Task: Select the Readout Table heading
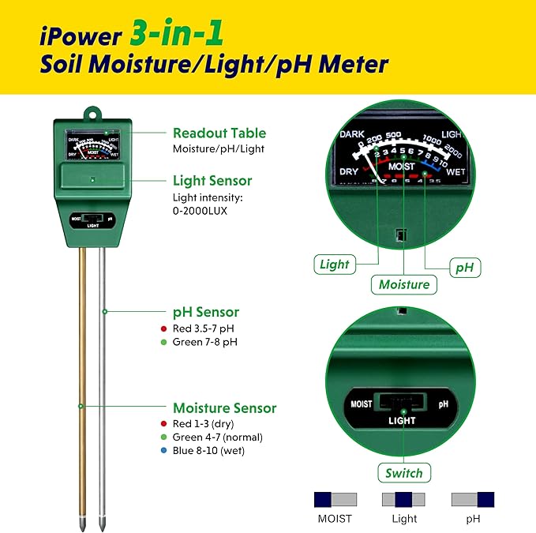(219, 133)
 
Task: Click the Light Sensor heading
(212, 181)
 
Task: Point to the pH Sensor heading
(206, 312)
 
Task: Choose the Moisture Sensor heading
(224, 408)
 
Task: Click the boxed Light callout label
(335, 265)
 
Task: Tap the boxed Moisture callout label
(404, 284)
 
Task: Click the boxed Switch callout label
(404, 474)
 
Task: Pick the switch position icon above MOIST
(335, 499)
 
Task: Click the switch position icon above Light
(403, 499)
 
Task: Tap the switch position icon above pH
(472, 499)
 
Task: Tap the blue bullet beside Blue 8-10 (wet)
(163, 452)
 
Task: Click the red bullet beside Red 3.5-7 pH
(163, 328)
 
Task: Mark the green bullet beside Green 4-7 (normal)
(163, 437)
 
